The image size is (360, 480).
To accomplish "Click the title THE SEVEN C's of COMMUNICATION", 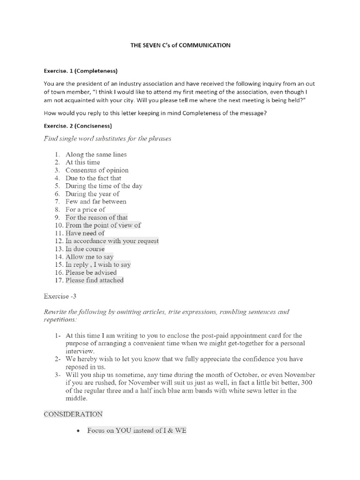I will click(x=180, y=45).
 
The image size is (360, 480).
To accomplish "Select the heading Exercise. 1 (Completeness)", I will click(x=80, y=71).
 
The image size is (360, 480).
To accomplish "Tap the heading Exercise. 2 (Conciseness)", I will click(x=78, y=126).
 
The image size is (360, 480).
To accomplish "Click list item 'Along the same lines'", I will click(x=96, y=154).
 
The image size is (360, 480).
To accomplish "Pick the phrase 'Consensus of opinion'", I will click(x=97, y=170).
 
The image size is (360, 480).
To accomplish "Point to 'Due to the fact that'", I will click(x=93, y=178).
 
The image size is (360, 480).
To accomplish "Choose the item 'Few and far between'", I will click(x=96, y=202).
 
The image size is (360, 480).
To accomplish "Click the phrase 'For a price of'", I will click(x=85, y=210).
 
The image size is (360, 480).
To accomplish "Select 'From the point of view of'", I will click(x=103, y=225).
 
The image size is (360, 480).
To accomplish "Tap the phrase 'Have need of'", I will click(x=85, y=233).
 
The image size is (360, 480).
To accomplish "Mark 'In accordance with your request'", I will click(x=112, y=241).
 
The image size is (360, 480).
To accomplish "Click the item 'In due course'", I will click(x=85, y=249).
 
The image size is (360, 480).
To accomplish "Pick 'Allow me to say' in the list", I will click(x=90, y=257).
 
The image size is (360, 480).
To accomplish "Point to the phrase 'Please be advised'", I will click(x=91, y=272).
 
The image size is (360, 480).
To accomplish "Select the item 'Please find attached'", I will click(x=95, y=280).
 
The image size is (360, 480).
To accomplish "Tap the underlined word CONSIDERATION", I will click(x=73, y=414).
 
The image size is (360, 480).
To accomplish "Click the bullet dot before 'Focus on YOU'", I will click(x=77, y=431).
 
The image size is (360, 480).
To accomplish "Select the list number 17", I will click(x=59, y=280).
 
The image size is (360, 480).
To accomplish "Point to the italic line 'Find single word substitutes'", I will click(x=107, y=139).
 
